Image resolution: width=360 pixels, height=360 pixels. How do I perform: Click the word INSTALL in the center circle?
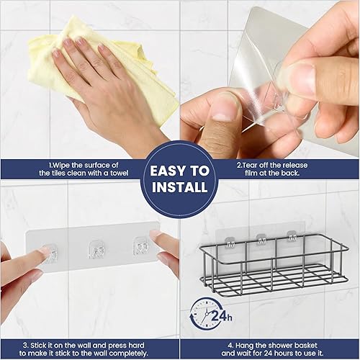pos(180,187)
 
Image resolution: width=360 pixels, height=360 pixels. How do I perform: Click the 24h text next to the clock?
pos(222,316)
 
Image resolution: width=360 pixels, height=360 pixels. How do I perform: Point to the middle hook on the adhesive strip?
pos(96,250)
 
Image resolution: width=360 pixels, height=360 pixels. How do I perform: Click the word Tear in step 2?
pos(251,166)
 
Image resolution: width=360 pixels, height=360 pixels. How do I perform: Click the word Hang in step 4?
pos(243,346)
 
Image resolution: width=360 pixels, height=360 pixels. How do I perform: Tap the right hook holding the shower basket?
pos(292,236)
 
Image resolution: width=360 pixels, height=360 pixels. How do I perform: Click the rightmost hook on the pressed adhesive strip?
pos(142,247)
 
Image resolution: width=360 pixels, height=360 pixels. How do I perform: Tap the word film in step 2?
pos(251,173)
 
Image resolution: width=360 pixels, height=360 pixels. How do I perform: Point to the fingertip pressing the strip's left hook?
pos(45,251)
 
